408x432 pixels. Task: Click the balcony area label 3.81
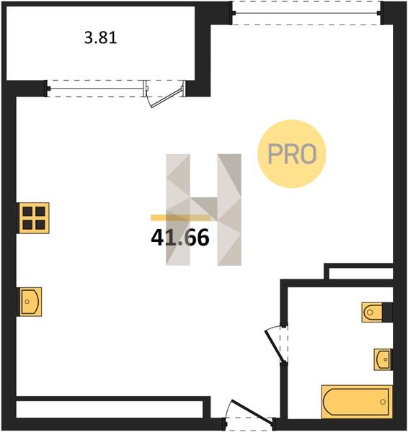(101, 37)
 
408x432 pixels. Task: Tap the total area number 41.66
(180, 238)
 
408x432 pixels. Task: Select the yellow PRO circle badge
(292, 154)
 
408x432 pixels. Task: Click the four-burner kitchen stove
(34, 218)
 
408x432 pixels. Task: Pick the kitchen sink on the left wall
(30, 302)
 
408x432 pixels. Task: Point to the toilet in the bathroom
(372, 312)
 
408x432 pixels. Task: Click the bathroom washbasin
(383, 359)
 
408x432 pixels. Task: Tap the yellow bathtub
(357, 402)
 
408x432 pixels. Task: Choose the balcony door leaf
(167, 97)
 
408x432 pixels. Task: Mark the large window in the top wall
(306, 13)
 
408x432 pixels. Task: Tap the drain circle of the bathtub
(383, 402)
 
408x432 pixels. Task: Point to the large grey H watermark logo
(203, 210)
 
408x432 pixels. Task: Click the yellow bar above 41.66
(181, 217)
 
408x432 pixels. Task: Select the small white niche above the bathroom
(361, 274)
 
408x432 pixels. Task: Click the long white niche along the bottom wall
(110, 409)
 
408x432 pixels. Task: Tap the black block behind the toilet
(388, 312)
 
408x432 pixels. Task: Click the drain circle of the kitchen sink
(27, 302)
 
